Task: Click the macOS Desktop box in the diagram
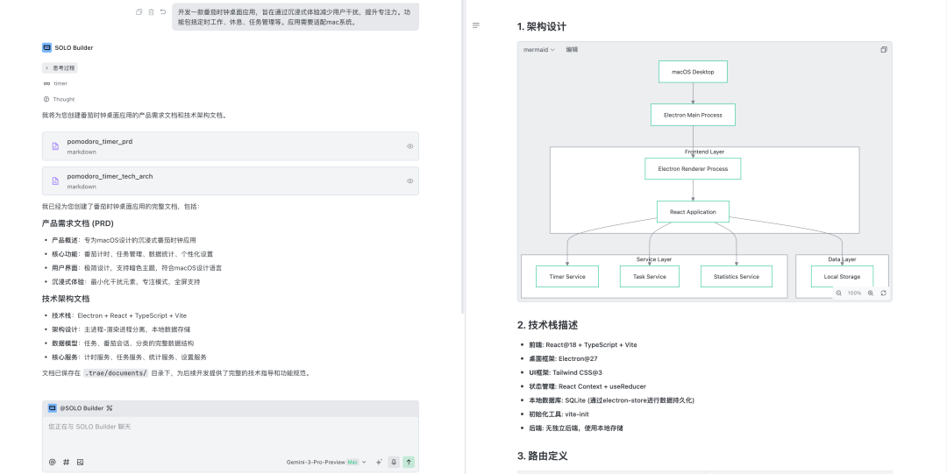(693, 72)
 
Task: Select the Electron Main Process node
(693, 115)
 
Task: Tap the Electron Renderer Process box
(693, 168)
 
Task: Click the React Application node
(693, 212)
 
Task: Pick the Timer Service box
(567, 277)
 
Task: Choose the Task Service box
(649, 277)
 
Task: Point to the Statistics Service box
(737, 277)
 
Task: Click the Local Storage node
(842, 277)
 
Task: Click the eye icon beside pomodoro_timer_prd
(409, 146)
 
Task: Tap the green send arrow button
(409, 462)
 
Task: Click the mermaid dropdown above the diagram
(539, 50)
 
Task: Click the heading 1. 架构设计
(548, 26)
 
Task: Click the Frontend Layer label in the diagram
(704, 152)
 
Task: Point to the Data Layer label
(842, 259)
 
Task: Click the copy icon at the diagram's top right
(883, 50)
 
